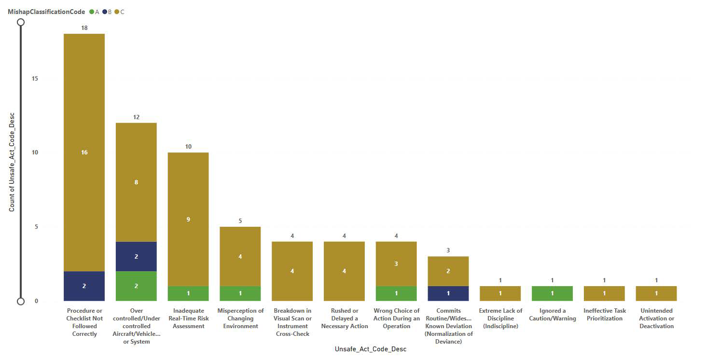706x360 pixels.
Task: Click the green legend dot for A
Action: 92,12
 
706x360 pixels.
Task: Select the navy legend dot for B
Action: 104,12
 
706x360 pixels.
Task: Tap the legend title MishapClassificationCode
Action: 46,12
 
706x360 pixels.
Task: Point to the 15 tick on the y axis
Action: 35,79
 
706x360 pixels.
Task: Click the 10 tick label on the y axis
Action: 35,152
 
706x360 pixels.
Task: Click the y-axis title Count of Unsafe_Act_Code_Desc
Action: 12,162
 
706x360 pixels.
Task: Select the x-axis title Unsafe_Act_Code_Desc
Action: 370,349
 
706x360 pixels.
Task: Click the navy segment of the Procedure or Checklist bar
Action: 84,286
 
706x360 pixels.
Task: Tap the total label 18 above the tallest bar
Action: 84,28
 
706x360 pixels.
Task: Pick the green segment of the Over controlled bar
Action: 136,286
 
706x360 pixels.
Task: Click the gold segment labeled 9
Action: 188,220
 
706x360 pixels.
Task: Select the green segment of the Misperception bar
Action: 240,293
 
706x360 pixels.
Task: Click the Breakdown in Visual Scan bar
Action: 292,271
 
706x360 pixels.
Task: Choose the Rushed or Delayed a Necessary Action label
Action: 344,318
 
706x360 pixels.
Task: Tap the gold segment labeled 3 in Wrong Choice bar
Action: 396,264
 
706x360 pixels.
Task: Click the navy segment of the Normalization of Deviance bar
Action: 448,293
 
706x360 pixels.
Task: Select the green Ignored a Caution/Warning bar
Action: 552,293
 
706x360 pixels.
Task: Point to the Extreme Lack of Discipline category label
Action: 500,318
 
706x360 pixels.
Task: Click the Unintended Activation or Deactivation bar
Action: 656,293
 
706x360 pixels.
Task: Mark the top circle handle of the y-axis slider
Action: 21,22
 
